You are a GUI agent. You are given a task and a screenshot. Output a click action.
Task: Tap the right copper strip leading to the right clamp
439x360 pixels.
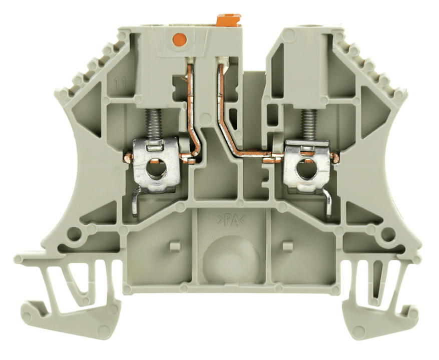coord(235,135)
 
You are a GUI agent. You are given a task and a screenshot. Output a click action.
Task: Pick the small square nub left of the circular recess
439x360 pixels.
coord(173,246)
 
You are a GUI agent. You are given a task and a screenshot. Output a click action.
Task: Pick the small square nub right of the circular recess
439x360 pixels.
coord(286,246)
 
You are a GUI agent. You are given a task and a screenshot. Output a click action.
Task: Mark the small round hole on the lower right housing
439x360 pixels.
coord(386,233)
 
